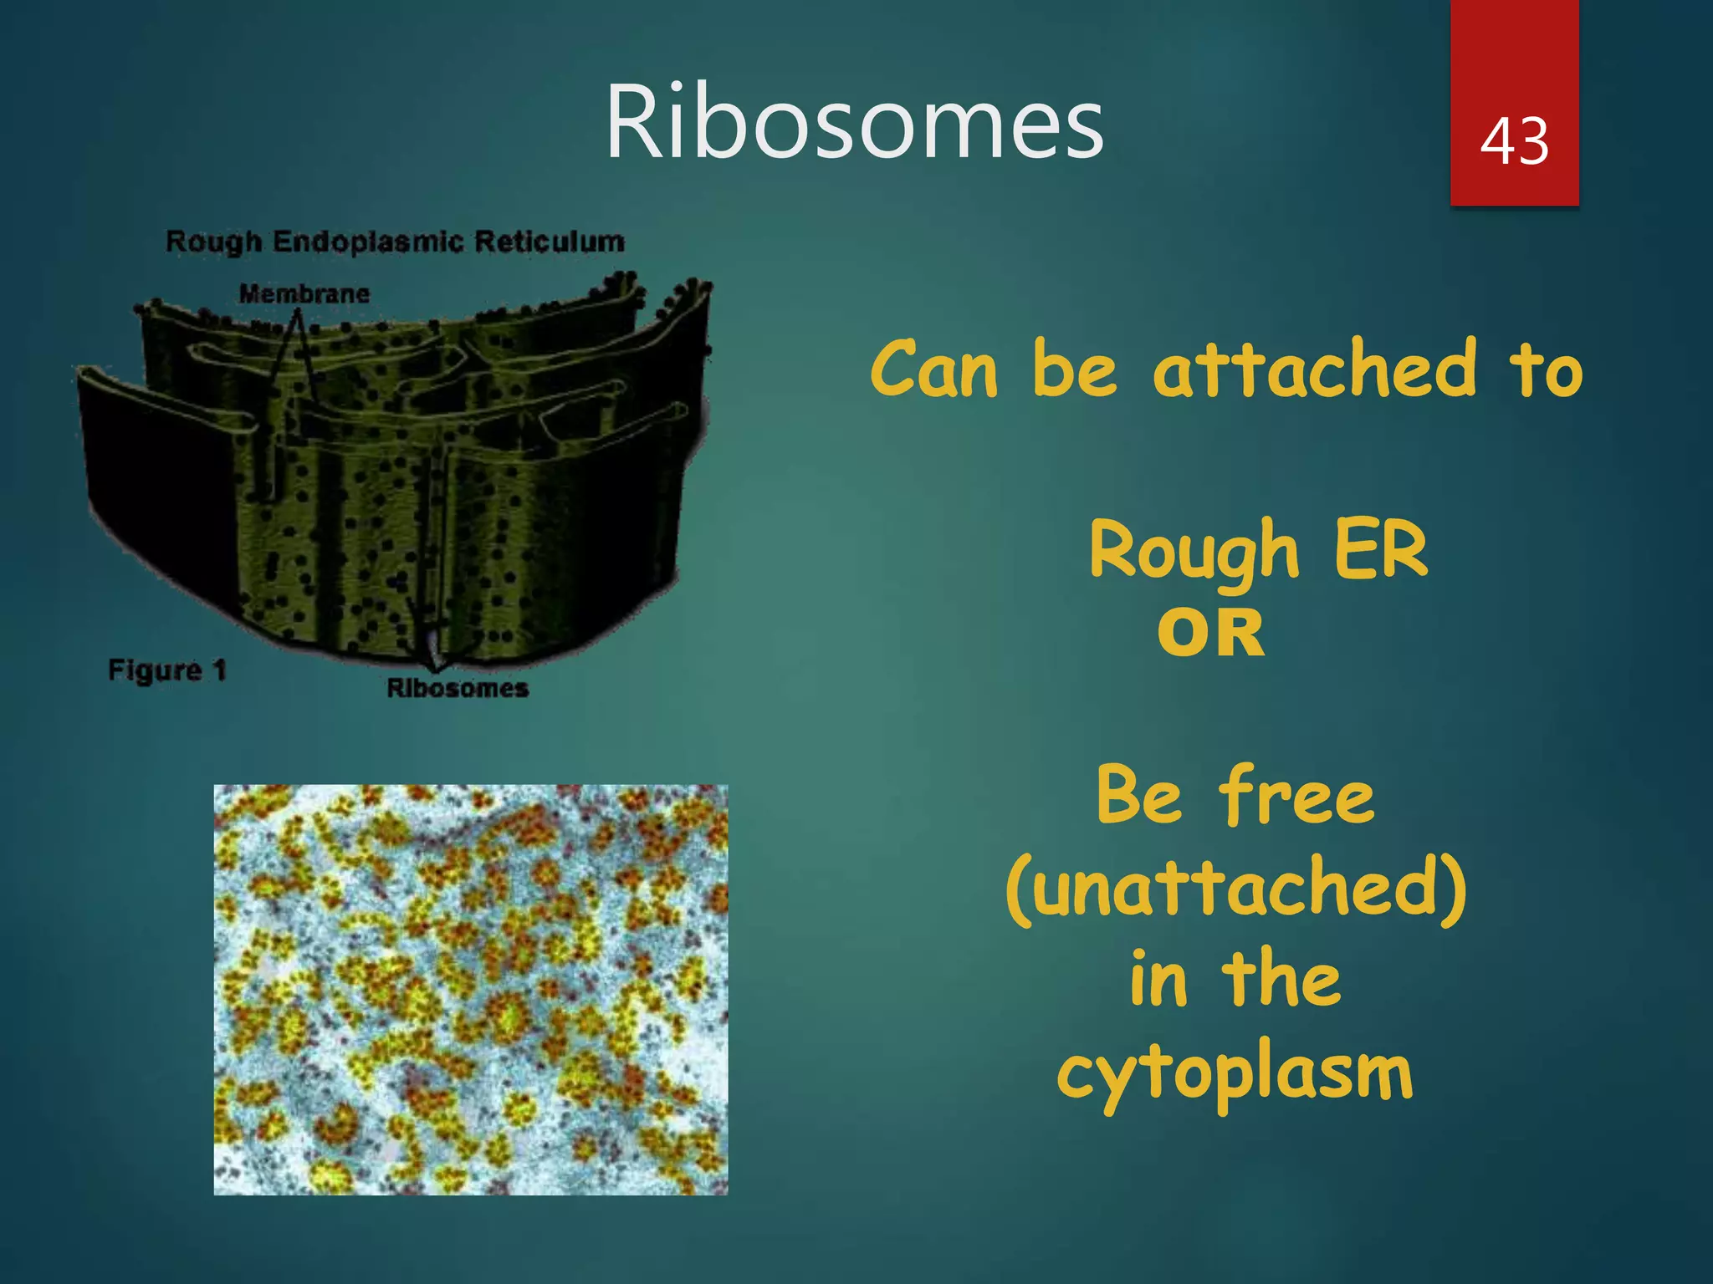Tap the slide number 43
coord(1514,140)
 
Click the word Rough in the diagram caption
coord(214,242)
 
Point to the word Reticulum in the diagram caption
coord(550,242)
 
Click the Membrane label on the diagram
coord(304,294)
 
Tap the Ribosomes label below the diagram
coord(458,688)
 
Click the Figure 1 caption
coord(167,670)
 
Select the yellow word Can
coord(934,370)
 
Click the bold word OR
coord(1210,633)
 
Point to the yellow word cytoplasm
coord(1235,1074)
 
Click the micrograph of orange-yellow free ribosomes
coord(471,990)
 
